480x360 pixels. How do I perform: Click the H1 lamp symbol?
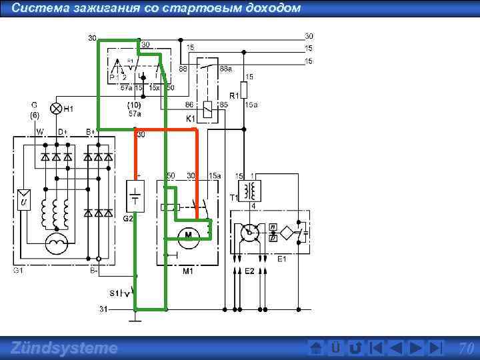click(57, 108)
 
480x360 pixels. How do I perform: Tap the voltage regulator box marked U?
click(23, 199)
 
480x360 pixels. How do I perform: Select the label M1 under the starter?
click(188, 272)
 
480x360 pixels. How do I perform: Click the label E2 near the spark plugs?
click(249, 271)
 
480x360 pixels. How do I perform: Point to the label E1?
click(282, 259)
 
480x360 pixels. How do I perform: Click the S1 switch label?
click(115, 293)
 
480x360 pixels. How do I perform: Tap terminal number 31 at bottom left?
click(103, 309)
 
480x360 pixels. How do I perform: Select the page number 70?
click(466, 348)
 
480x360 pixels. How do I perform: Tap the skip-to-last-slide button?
click(435, 348)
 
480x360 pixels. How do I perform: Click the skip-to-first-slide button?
click(376, 348)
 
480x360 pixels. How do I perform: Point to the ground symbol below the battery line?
click(135, 319)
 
